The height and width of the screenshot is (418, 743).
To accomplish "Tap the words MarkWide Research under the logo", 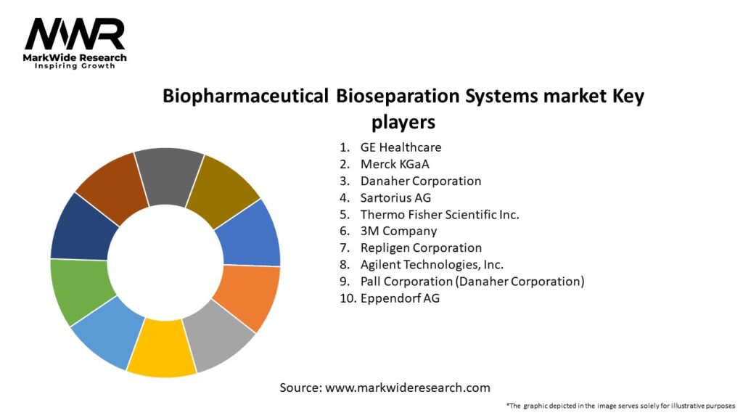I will tap(75, 57).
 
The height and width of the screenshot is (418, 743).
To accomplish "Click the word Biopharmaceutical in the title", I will tap(245, 96).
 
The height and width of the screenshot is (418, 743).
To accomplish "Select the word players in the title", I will tap(403, 120).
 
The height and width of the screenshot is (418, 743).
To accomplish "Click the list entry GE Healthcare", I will tap(401, 147).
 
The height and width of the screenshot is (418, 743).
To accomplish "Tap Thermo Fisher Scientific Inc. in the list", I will tap(440, 214).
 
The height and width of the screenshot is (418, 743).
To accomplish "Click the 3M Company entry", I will tap(398, 231).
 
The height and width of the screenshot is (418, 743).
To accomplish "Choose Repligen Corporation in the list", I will tap(421, 247).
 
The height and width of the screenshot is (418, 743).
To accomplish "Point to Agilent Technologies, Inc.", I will tap(432, 264).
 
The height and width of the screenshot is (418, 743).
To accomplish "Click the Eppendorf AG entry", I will tap(400, 298).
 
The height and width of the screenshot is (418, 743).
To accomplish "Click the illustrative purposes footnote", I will tap(620, 406).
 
